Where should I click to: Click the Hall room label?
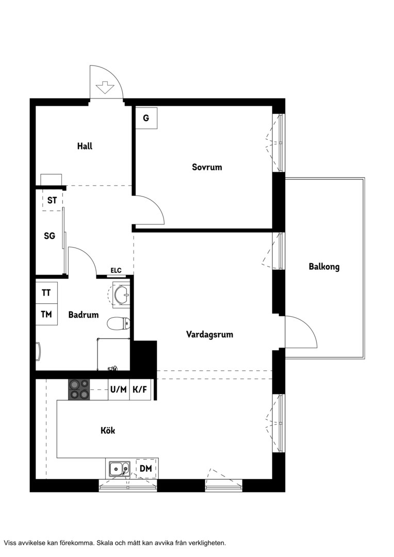85,146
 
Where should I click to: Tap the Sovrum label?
207,167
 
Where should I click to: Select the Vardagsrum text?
209,334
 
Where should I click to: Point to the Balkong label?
324,267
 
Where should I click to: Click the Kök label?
108,431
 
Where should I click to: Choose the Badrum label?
84,315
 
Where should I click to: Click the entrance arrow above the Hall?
105,87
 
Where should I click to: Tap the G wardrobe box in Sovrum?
146,118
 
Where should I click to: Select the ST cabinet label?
52,200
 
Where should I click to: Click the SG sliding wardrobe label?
50,236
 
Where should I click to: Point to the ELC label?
116,271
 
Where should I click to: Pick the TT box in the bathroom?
46,293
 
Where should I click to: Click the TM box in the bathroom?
46,315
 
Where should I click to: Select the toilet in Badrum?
119,323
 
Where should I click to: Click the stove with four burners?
78,390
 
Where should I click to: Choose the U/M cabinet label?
118,390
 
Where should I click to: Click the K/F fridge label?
140,390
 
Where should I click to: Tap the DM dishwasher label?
145,468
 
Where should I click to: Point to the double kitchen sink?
119,469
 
